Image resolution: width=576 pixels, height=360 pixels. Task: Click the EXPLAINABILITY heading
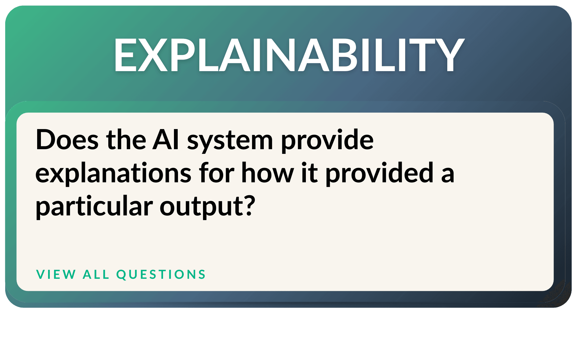(289, 55)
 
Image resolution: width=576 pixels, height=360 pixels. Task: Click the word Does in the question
(67, 140)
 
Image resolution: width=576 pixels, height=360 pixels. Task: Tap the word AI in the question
(166, 140)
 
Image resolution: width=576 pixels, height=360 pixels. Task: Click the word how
(268, 173)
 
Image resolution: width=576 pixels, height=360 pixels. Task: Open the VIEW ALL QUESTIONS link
(121, 274)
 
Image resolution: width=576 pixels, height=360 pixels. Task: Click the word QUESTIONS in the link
(161, 274)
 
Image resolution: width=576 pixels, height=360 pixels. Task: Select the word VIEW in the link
(56, 274)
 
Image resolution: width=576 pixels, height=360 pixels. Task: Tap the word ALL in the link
(96, 274)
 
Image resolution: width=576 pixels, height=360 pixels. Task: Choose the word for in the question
(217, 173)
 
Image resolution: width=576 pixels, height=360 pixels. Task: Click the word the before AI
(126, 140)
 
